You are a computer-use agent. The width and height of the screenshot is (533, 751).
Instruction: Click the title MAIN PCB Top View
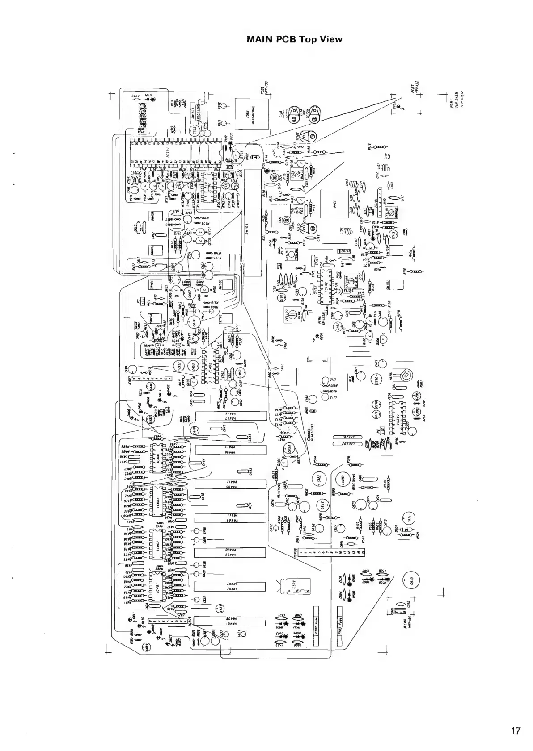(x=294, y=39)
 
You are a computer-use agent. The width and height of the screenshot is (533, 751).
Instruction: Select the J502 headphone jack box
(x=251, y=114)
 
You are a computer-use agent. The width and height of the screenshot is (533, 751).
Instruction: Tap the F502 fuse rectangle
(x=317, y=626)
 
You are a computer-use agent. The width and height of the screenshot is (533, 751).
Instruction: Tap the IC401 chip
(x=157, y=586)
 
